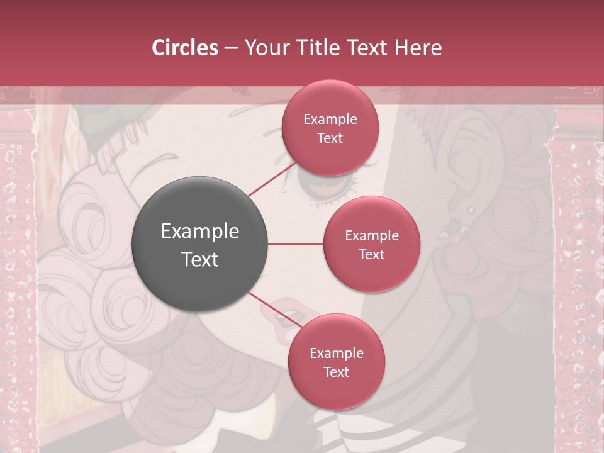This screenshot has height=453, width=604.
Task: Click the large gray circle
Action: coord(200,245)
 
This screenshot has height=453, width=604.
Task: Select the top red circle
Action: coord(330,128)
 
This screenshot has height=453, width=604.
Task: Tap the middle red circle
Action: coord(371,244)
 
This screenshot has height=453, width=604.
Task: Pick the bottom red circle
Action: coord(336,362)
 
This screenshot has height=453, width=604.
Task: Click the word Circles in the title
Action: coord(184,48)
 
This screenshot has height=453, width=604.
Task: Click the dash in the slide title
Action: coord(231,48)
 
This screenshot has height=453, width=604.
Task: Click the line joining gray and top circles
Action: coord(271,180)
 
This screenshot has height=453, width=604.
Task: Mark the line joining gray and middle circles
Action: coord(296,244)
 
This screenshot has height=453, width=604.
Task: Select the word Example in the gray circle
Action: coord(200,232)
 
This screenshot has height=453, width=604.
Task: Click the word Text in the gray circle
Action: coord(200,259)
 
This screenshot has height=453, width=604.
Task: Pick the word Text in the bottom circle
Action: coord(336,372)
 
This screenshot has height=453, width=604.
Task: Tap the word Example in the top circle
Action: coord(330,119)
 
